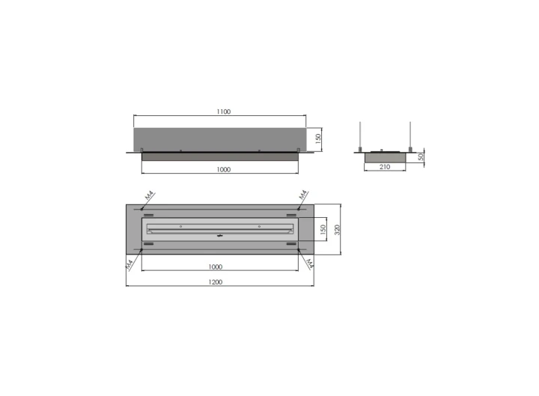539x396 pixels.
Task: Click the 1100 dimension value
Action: click(x=223, y=112)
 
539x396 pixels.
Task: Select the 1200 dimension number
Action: click(x=216, y=282)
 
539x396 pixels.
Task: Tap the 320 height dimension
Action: click(x=337, y=230)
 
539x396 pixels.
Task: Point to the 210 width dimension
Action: click(x=385, y=167)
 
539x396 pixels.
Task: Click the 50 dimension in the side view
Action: click(x=421, y=157)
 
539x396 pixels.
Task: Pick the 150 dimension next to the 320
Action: click(x=323, y=229)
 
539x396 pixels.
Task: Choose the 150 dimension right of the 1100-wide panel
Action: click(x=318, y=138)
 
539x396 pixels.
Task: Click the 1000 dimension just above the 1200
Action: click(x=216, y=266)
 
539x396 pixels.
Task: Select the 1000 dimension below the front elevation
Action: click(x=223, y=169)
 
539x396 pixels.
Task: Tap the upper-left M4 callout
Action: click(x=149, y=195)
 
